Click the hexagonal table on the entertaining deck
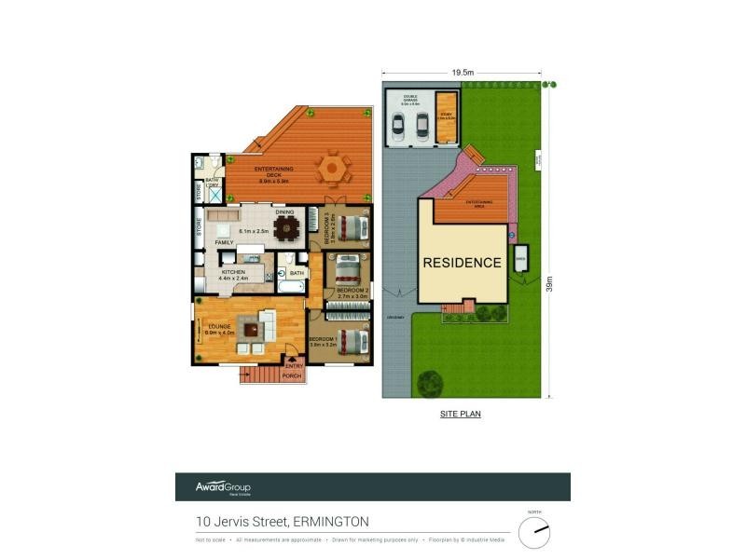click(333, 170)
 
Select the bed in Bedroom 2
click(348, 271)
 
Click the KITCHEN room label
click(233, 272)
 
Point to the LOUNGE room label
click(220, 325)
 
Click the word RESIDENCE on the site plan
click(463, 263)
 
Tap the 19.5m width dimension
click(461, 72)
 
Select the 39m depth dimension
click(549, 281)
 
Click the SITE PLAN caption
click(461, 413)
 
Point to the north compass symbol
click(534, 533)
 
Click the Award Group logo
click(223, 487)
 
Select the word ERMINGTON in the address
click(331, 521)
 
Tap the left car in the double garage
click(398, 126)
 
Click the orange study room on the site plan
click(446, 117)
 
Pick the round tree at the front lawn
click(429, 382)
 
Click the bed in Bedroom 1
click(349, 341)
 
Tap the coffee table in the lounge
click(249, 327)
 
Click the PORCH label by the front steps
click(293, 377)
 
